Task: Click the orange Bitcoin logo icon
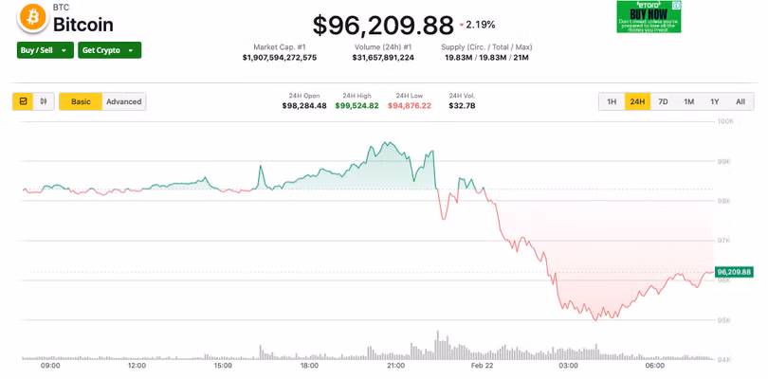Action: point(33,16)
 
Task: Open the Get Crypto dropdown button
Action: point(109,50)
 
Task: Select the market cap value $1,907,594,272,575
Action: point(280,58)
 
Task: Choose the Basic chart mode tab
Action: point(81,101)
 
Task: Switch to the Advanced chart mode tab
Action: point(123,101)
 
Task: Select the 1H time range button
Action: point(612,101)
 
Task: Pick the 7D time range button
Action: point(663,101)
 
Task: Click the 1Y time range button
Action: point(714,101)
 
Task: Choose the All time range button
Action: point(740,101)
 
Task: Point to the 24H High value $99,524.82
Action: point(358,105)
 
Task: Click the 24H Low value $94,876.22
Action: point(410,105)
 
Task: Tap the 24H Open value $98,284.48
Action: point(304,105)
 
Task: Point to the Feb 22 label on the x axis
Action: point(482,365)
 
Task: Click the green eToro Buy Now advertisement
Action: point(649,16)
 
